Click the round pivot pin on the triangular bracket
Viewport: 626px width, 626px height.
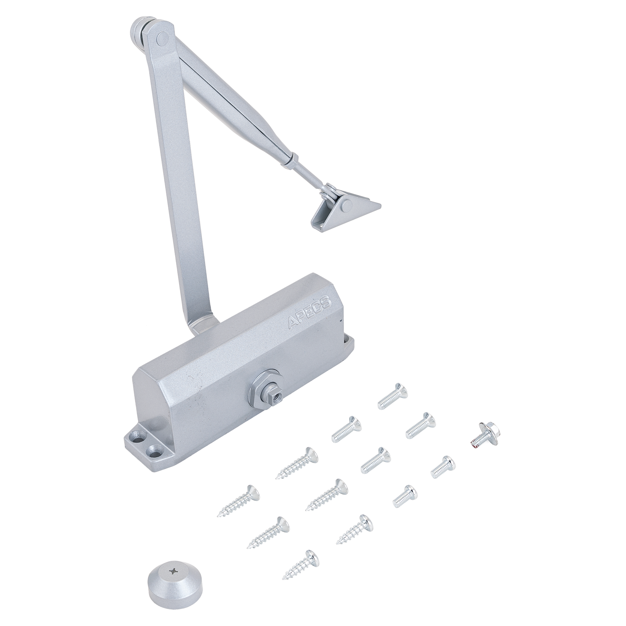coord(346,205)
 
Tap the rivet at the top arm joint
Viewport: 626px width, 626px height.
coord(161,38)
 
